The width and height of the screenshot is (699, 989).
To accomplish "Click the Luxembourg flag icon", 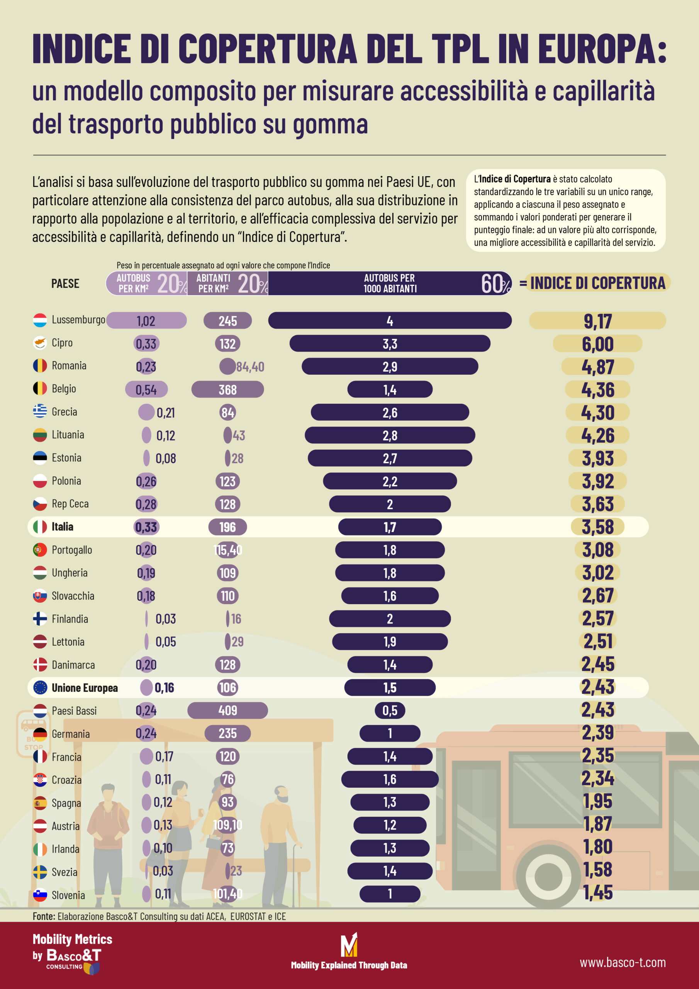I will coord(40,320).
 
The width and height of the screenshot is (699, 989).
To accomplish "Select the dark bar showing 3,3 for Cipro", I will coord(390,343).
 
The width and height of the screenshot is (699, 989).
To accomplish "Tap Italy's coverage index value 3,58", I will coord(597,527).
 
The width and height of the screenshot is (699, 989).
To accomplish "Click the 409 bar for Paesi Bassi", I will coord(227,710).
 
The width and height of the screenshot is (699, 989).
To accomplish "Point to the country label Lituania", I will coord(68,435).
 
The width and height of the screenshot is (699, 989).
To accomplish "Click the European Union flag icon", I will coord(40,688).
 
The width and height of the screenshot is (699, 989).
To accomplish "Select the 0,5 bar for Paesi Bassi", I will coord(390,710).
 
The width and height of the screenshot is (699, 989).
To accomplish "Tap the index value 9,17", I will coord(597,321).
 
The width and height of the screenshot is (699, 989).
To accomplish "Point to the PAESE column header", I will coord(65,284).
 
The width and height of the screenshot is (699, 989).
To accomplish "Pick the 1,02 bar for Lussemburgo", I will coord(146,321).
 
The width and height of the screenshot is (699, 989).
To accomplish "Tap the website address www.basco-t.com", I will coord(622,962).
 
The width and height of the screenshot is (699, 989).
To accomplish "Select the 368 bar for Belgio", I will coord(227,389).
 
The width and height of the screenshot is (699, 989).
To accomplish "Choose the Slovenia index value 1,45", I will coord(597,892).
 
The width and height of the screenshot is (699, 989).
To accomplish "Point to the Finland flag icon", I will coord(40,619).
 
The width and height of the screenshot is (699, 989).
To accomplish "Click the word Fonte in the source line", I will coord(44,916).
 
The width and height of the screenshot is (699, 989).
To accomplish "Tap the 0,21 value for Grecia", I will coord(165,413).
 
